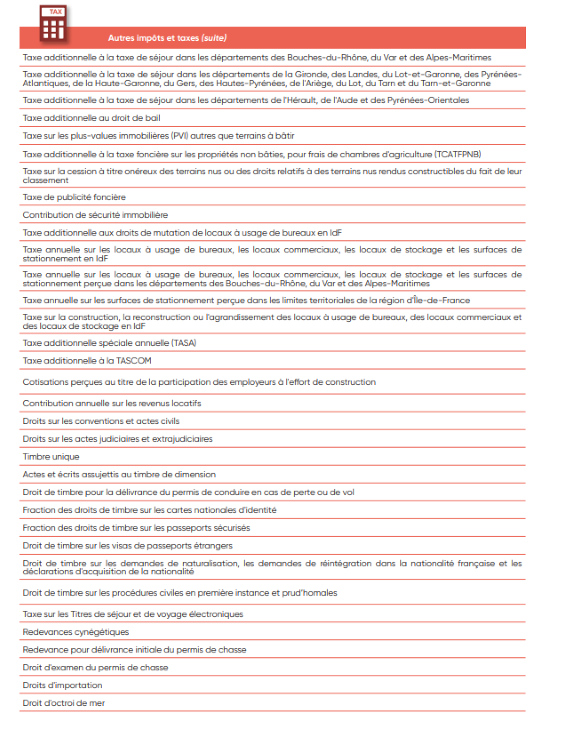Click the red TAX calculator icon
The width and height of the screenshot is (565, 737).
tap(53, 25)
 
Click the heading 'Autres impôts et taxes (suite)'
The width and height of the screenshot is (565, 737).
tap(167, 38)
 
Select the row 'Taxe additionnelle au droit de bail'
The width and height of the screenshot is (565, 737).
tap(91, 118)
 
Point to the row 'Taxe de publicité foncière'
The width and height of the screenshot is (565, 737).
tap(74, 197)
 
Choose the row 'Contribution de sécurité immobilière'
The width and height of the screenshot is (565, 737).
tap(95, 215)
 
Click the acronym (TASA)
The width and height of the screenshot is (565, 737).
tap(184, 343)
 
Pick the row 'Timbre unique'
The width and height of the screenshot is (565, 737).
tap(51, 457)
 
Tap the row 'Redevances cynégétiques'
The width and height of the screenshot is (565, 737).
tap(76, 632)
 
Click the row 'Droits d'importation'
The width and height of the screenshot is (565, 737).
tap(63, 686)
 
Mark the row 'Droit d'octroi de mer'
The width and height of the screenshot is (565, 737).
tap(64, 703)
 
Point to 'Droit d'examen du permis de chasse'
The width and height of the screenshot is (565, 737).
tap(95, 668)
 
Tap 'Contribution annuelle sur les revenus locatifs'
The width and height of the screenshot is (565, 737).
tap(112, 404)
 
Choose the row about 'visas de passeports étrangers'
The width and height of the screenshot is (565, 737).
tap(128, 546)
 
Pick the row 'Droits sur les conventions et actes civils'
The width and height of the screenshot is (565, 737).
tap(101, 422)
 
